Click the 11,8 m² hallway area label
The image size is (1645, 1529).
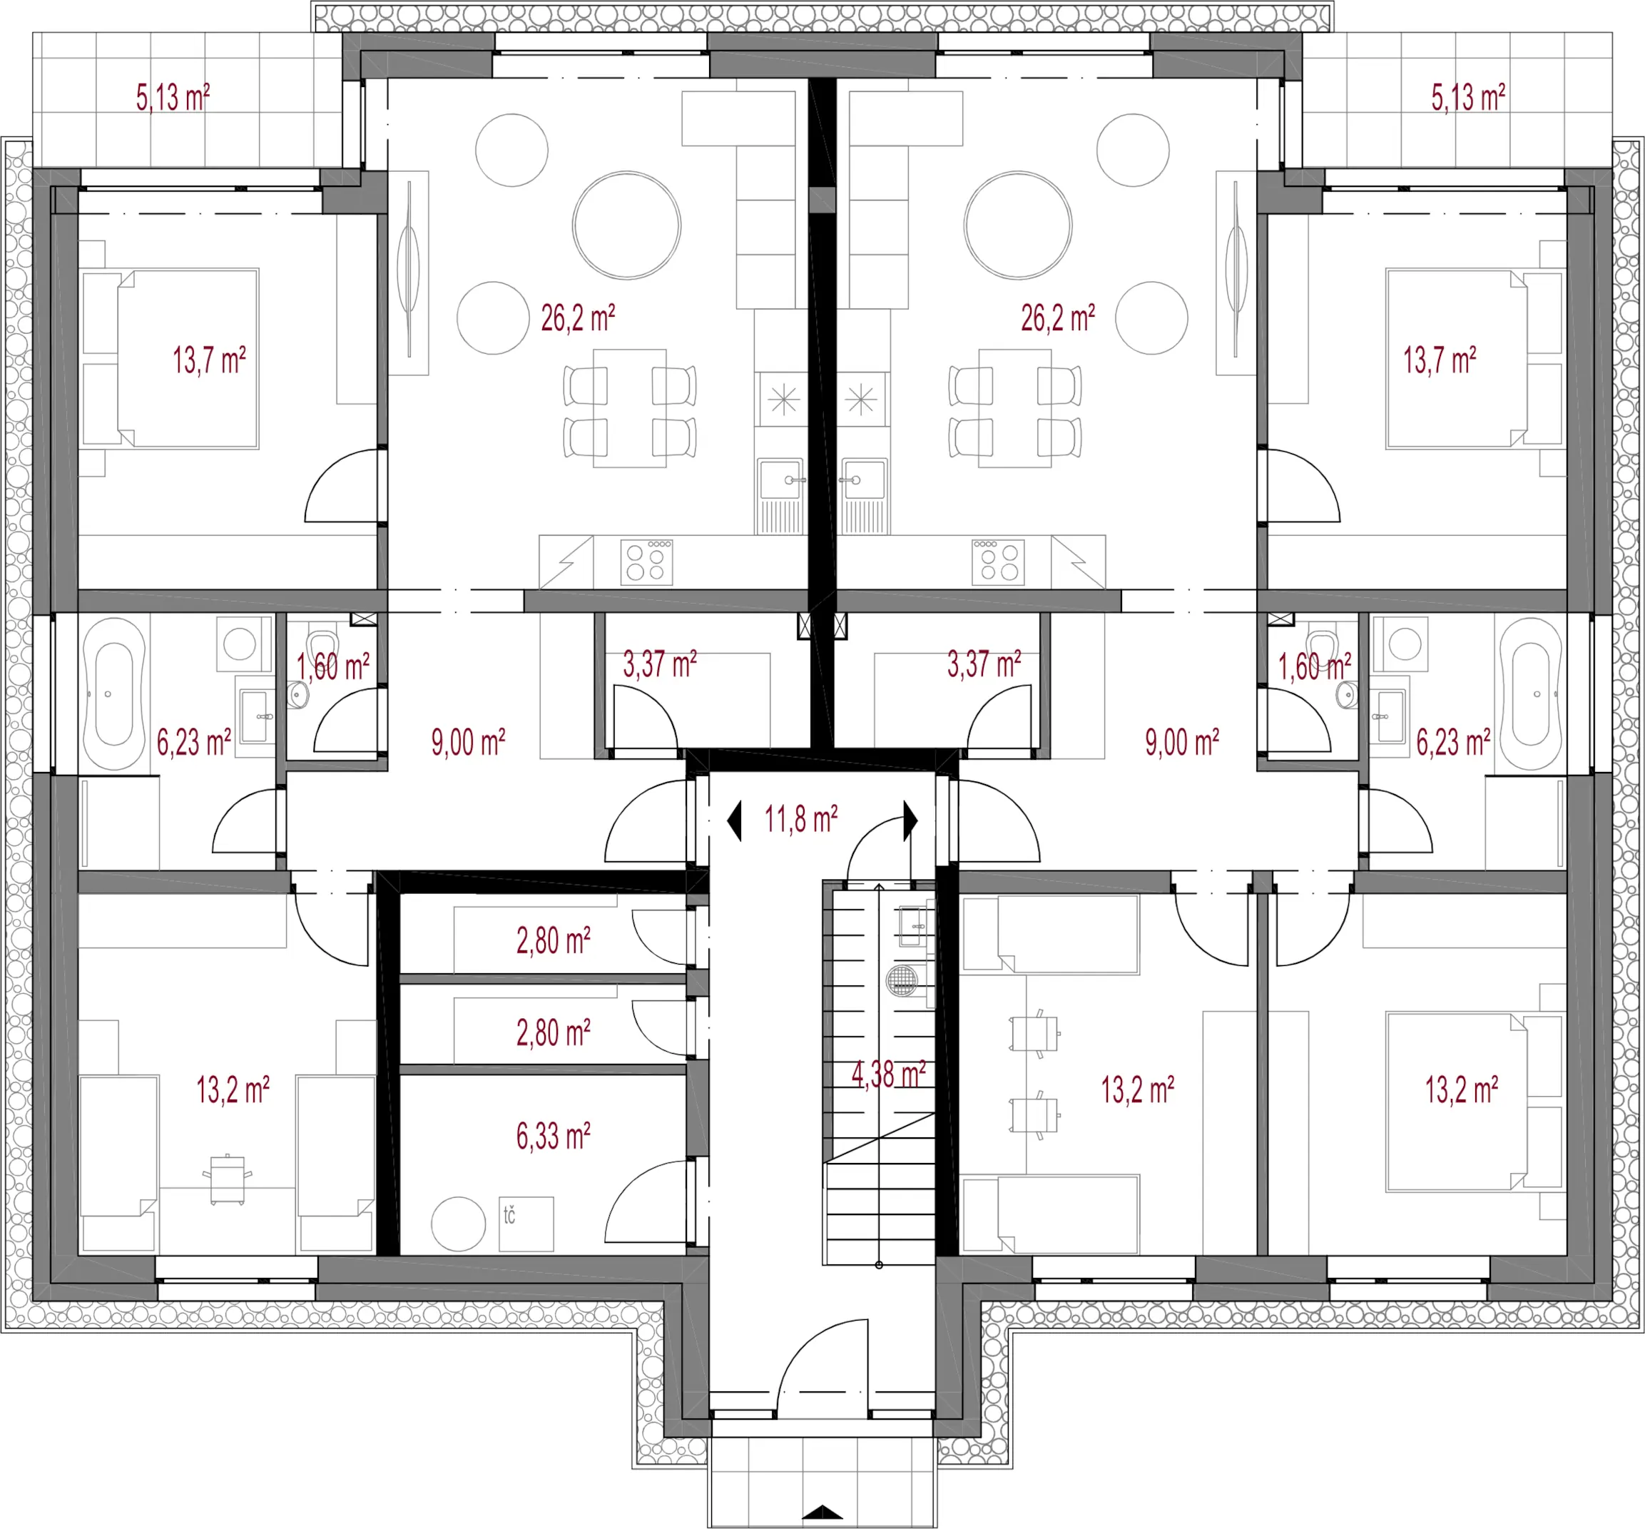(800, 820)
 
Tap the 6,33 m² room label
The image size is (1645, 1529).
(554, 1136)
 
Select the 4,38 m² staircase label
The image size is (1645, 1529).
(888, 1074)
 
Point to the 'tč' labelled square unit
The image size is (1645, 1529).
(526, 1224)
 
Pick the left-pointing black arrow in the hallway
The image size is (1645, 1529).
(735, 822)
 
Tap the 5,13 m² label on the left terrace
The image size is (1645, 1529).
(173, 98)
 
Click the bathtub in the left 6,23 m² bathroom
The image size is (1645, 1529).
(114, 694)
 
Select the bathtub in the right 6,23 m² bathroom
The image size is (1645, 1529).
(1531, 694)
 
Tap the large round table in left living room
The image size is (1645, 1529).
(627, 225)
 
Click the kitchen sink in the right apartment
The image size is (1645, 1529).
(863, 479)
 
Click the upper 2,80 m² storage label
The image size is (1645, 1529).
(554, 941)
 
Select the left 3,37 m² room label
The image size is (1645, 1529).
(659, 664)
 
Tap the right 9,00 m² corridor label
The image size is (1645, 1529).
(1182, 742)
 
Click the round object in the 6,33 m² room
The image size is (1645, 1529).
(458, 1224)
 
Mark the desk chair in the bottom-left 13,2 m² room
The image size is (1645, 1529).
(228, 1179)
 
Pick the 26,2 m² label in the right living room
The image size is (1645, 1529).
(1058, 318)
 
